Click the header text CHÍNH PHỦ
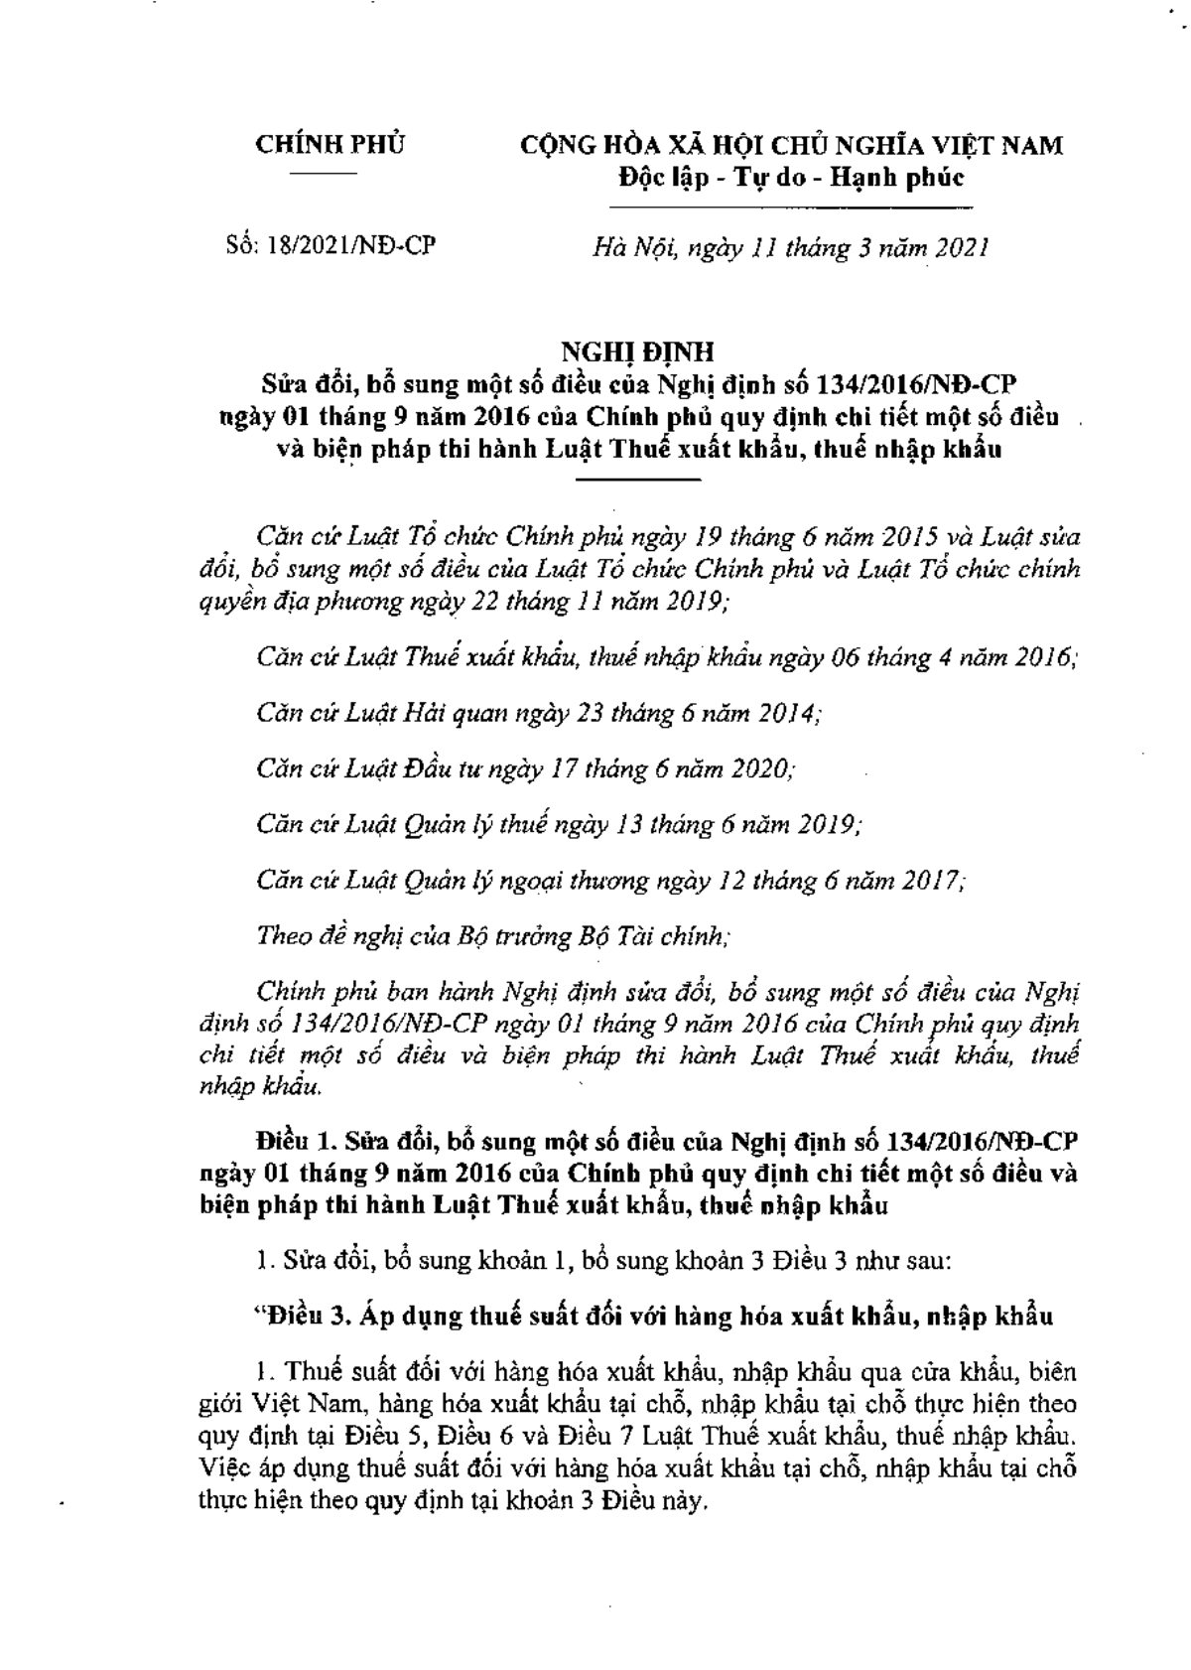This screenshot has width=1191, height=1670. pos(331,145)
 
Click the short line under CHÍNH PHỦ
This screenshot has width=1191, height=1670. pos(330,175)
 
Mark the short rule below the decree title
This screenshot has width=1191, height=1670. pos(638,480)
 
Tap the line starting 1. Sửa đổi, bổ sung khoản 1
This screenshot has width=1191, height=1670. pos(603,1261)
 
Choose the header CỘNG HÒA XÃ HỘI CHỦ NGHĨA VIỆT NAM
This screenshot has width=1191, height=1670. pos(792,145)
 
